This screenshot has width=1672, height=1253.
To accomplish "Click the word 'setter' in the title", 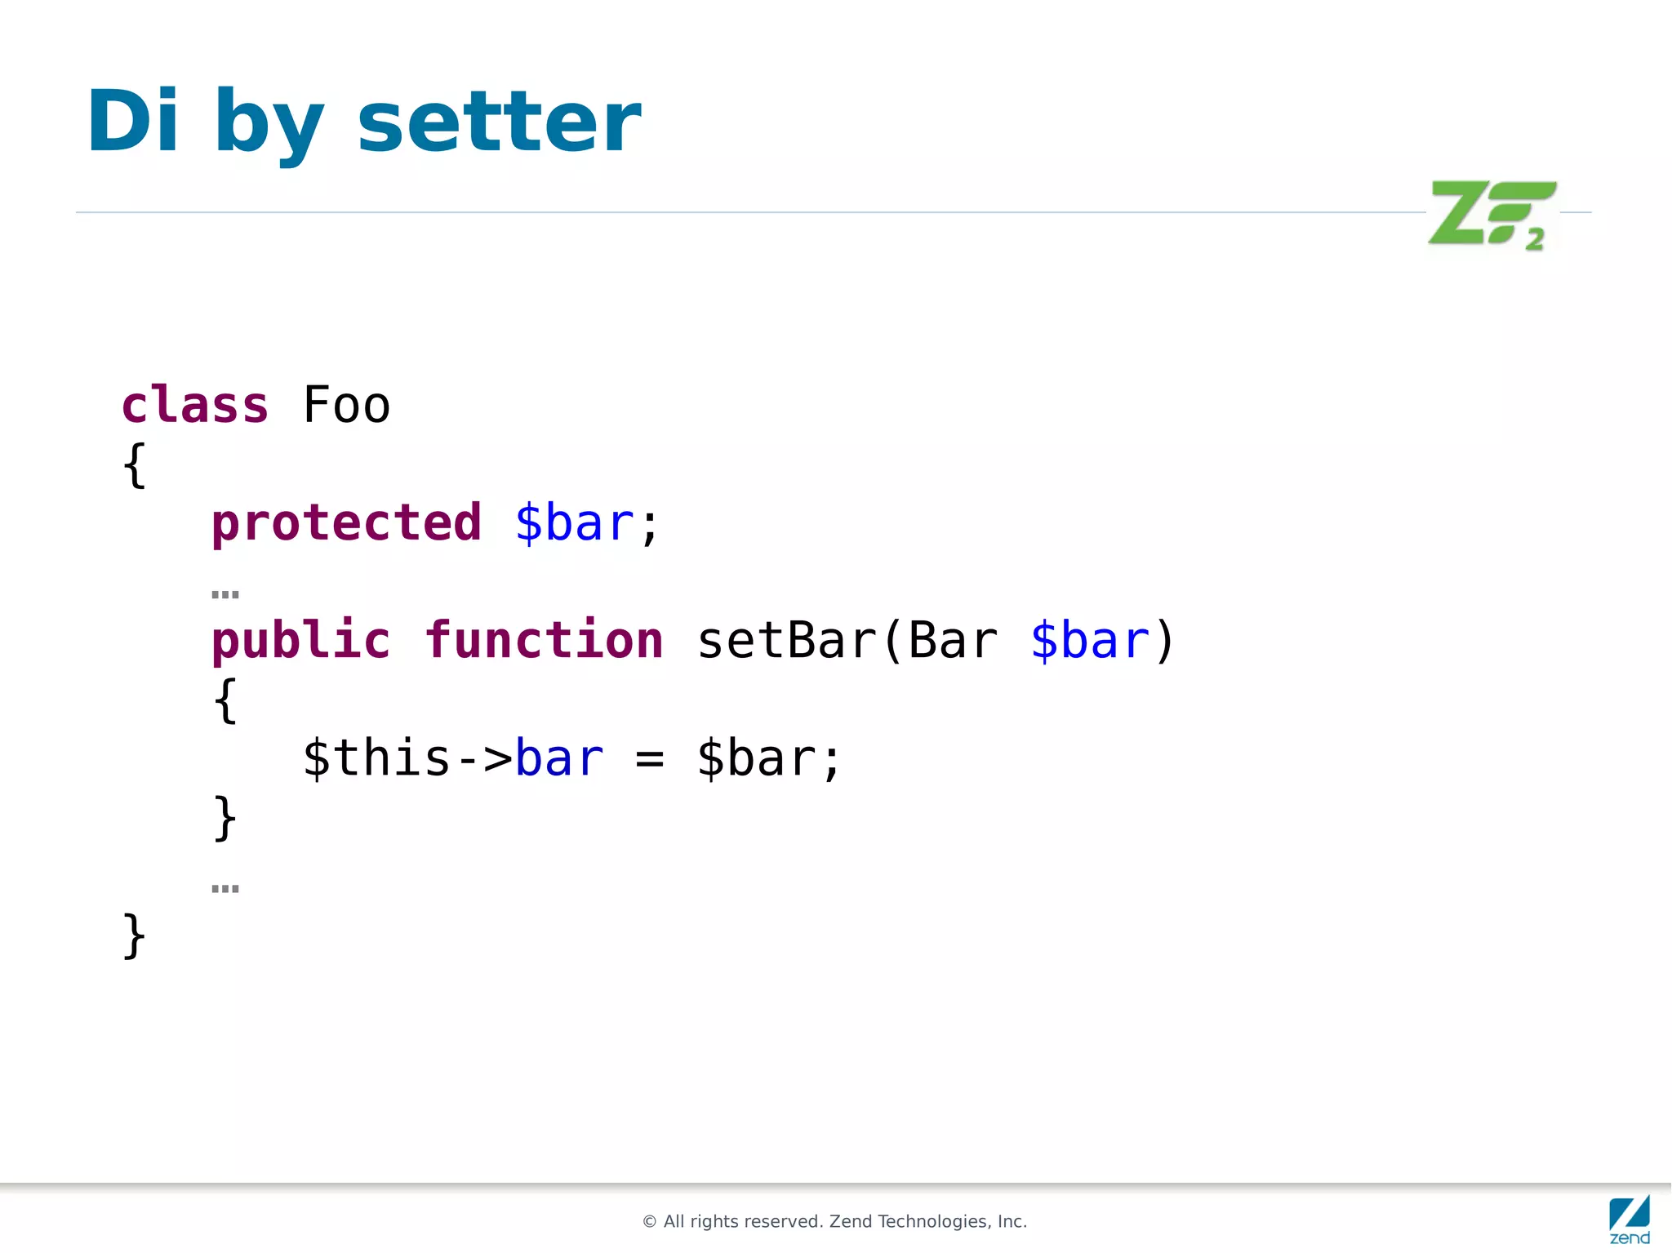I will point(499,122).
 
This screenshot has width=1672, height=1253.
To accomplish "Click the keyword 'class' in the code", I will point(194,405).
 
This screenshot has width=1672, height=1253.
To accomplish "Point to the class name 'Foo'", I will point(346,405).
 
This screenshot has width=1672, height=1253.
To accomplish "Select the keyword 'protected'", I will point(346,522).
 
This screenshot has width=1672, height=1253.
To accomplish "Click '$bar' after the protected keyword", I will point(574,522).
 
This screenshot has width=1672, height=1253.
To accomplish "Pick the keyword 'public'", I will point(300,640).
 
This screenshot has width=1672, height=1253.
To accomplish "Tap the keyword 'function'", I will point(544,640).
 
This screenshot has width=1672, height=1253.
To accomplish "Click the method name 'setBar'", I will point(787,640).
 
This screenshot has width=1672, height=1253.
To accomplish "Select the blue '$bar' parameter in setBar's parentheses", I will point(1090,640).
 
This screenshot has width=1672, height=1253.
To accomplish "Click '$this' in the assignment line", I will point(376,758).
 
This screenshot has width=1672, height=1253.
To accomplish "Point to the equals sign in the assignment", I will point(650,759).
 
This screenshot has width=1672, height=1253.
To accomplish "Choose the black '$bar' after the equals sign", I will point(756,758).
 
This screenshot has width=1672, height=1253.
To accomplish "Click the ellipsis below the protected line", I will point(225,594).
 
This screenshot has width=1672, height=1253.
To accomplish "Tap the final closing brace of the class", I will point(134,935).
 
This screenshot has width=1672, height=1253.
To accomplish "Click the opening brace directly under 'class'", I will point(134,465).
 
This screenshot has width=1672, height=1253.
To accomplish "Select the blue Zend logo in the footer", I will point(1630,1219).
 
